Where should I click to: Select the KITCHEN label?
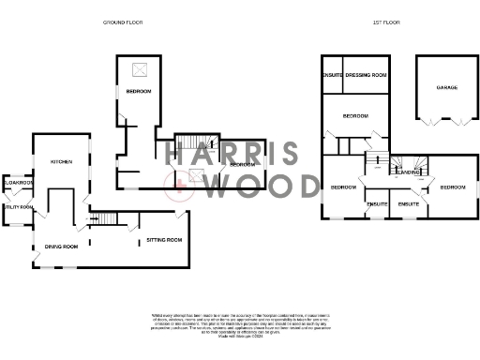[x=62, y=162]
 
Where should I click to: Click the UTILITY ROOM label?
[x=17, y=207]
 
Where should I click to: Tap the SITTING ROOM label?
[x=164, y=241]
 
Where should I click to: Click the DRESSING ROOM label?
[x=367, y=74]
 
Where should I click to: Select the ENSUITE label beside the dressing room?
[x=332, y=74]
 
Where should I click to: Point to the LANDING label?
[x=407, y=172]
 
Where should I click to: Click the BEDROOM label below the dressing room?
[x=355, y=116]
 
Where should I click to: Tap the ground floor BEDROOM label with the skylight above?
[x=140, y=91]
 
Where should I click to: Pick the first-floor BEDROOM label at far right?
[x=452, y=187]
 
